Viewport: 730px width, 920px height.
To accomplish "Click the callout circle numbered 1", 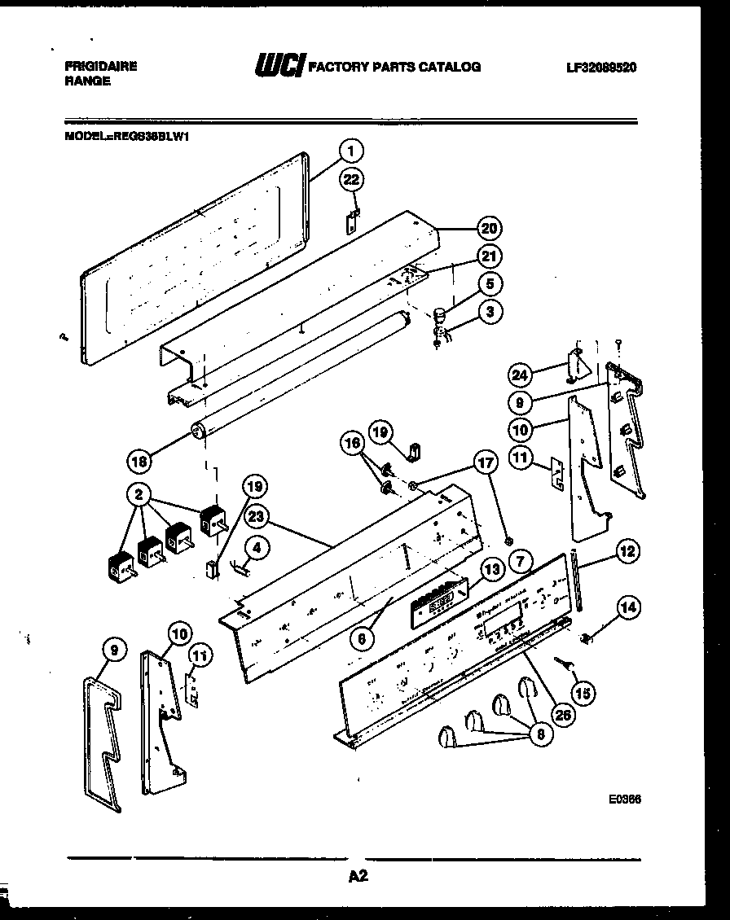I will tap(350, 151).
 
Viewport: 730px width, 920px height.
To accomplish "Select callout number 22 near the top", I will tap(352, 180).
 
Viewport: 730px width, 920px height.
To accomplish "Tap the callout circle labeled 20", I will tap(490, 229).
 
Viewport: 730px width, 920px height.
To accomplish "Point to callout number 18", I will tap(140, 461).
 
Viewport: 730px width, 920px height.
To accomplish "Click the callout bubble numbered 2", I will tap(139, 493).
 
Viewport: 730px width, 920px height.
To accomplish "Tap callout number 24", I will tap(520, 375).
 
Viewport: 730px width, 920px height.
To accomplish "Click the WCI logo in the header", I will tap(279, 67).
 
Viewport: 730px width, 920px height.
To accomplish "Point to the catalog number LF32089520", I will tap(601, 68).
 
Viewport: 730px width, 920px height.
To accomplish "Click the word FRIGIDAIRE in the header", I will tap(100, 67).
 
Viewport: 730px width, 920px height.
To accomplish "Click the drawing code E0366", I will tap(624, 800).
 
